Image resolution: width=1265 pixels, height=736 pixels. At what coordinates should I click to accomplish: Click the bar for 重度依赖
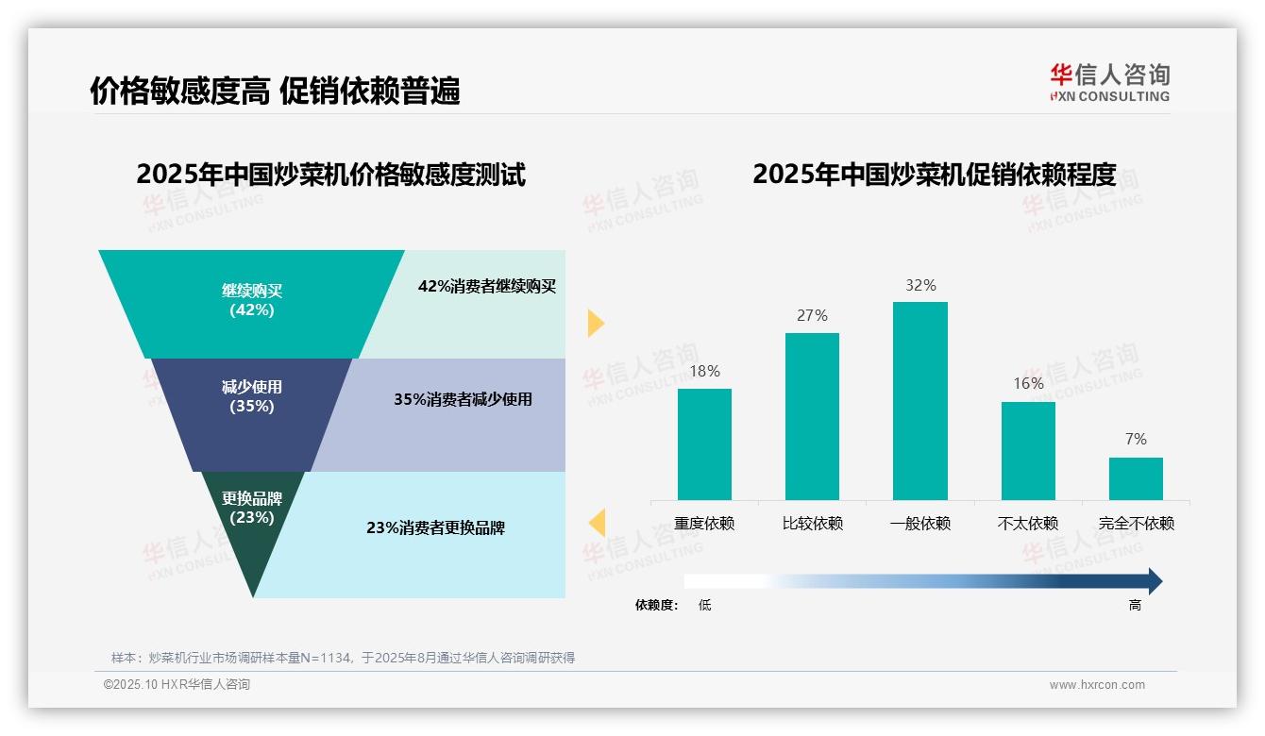[x=704, y=444]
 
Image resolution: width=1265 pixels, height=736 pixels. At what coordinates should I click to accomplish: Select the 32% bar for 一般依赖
[x=919, y=401]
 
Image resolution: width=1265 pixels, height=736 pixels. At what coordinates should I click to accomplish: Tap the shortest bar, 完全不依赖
[x=1136, y=478]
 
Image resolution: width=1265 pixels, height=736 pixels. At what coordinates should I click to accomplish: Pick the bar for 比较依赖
[x=812, y=416]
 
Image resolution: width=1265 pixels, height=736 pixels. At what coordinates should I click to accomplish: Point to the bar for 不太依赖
[x=1028, y=451]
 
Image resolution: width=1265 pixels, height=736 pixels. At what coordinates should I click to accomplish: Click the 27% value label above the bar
[x=812, y=315]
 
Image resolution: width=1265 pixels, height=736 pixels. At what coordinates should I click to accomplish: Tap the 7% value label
[x=1136, y=439]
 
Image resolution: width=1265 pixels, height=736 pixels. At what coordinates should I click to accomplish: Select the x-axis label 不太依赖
[x=1028, y=524]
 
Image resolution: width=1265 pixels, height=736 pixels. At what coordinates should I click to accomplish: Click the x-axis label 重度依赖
[x=704, y=524]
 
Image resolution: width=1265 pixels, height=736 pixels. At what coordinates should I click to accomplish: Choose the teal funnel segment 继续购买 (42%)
[x=251, y=300]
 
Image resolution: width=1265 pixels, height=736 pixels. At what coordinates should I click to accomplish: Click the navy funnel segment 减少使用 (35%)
[x=251, y=397]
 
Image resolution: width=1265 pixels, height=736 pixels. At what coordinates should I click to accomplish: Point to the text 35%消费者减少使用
[x=463, y=399]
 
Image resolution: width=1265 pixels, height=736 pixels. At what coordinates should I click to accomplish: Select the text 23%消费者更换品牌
[x=435, y=527]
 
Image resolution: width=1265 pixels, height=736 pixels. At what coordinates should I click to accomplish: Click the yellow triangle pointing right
[x=595, y=323]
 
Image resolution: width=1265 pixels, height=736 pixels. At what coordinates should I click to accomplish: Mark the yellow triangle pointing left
[x=597, y=522]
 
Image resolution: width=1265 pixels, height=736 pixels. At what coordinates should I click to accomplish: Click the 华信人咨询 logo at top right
[x=1109, y=82]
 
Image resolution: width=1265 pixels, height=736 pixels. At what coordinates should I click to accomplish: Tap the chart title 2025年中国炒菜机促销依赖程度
[x=934, y=175]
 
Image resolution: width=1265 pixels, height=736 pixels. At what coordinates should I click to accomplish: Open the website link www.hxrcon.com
[x=1097, y=685]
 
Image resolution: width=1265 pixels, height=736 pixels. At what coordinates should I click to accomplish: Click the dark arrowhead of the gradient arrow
[x=1154, y=581]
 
